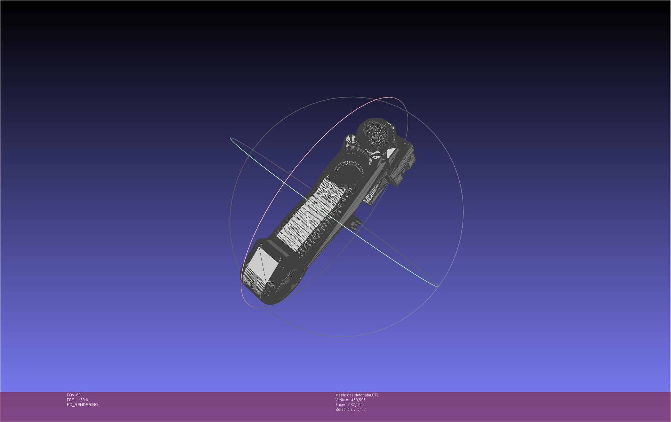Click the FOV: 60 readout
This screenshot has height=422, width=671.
(74, 395)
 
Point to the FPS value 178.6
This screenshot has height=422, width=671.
(83, 400)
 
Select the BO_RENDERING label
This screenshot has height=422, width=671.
(82, 405)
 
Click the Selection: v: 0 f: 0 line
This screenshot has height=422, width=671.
(350, 410)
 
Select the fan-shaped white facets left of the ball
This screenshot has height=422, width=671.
(350, 141)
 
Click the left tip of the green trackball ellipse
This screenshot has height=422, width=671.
(230, 138)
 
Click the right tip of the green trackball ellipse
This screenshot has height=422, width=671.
(438, 287)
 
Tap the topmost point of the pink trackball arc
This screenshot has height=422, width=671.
(390, 97)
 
